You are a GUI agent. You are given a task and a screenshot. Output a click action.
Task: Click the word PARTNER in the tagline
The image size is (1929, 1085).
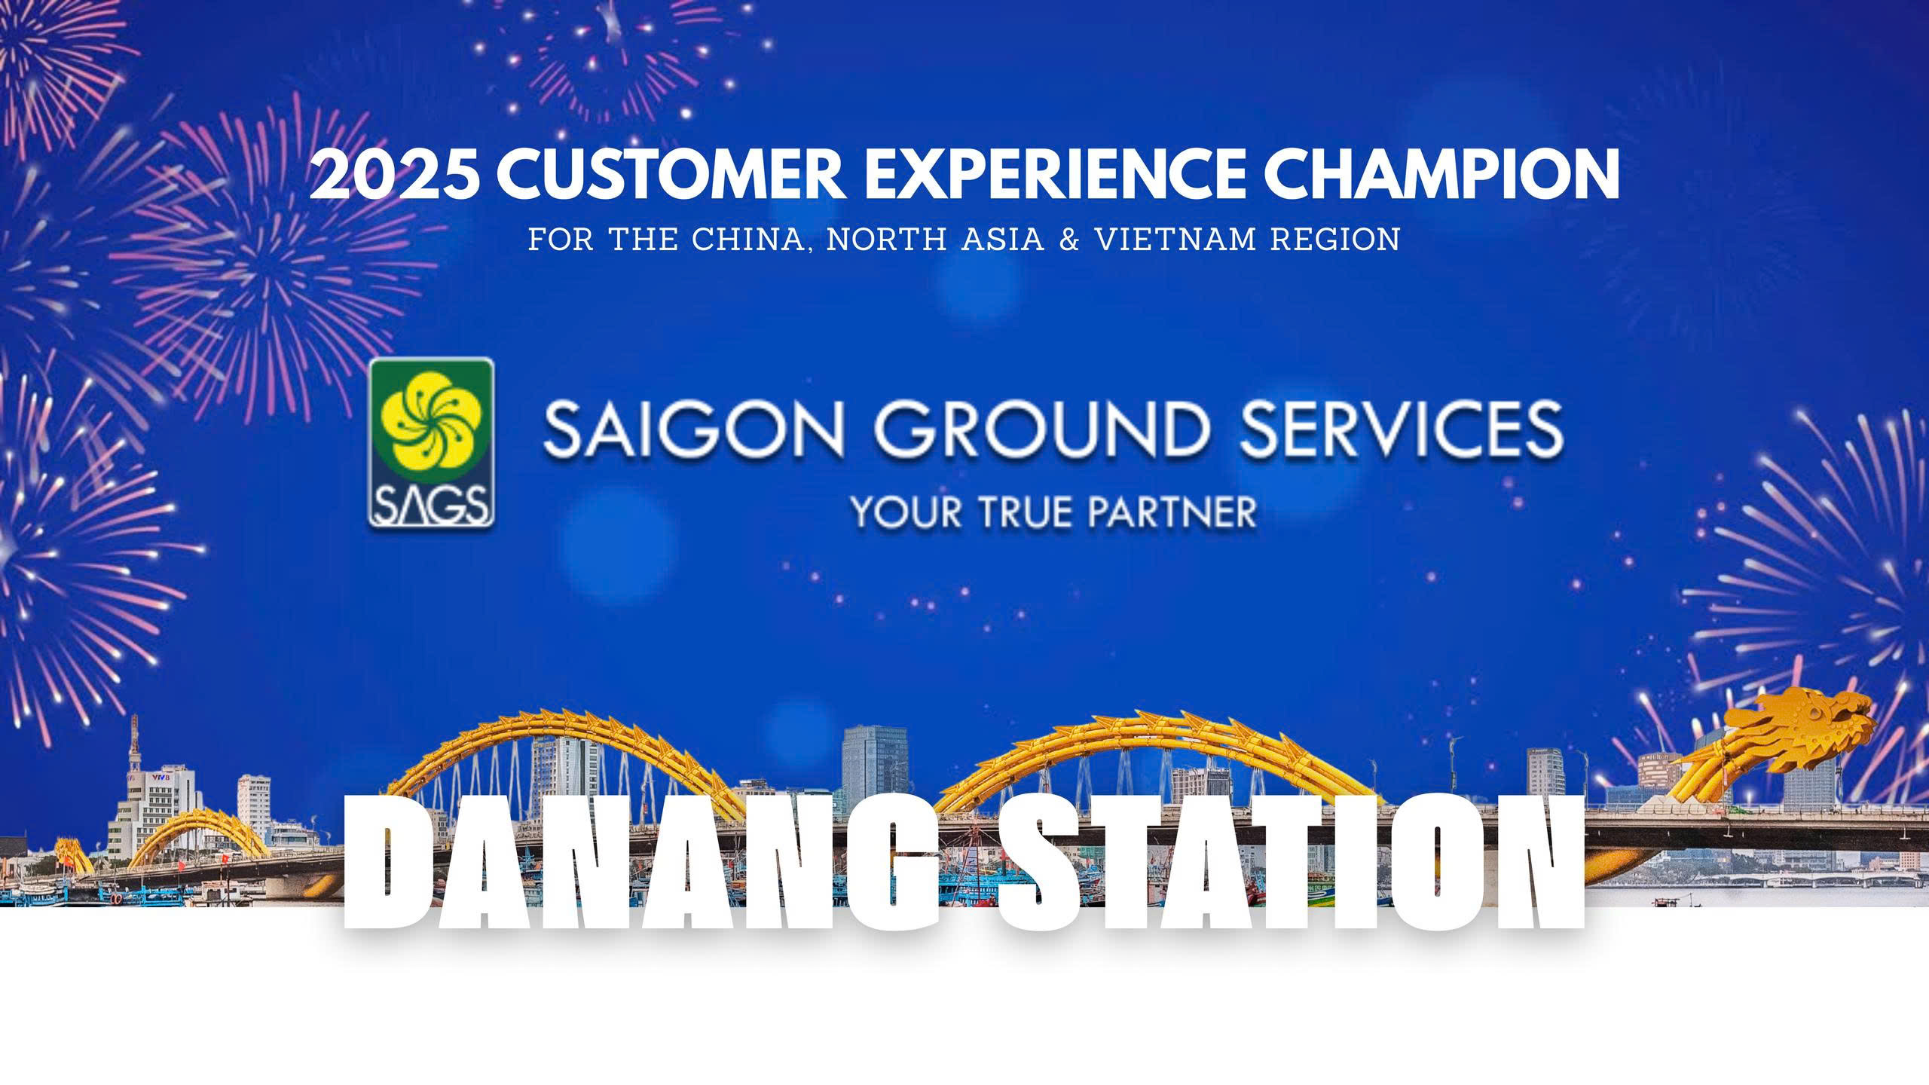pos(1164,512)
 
